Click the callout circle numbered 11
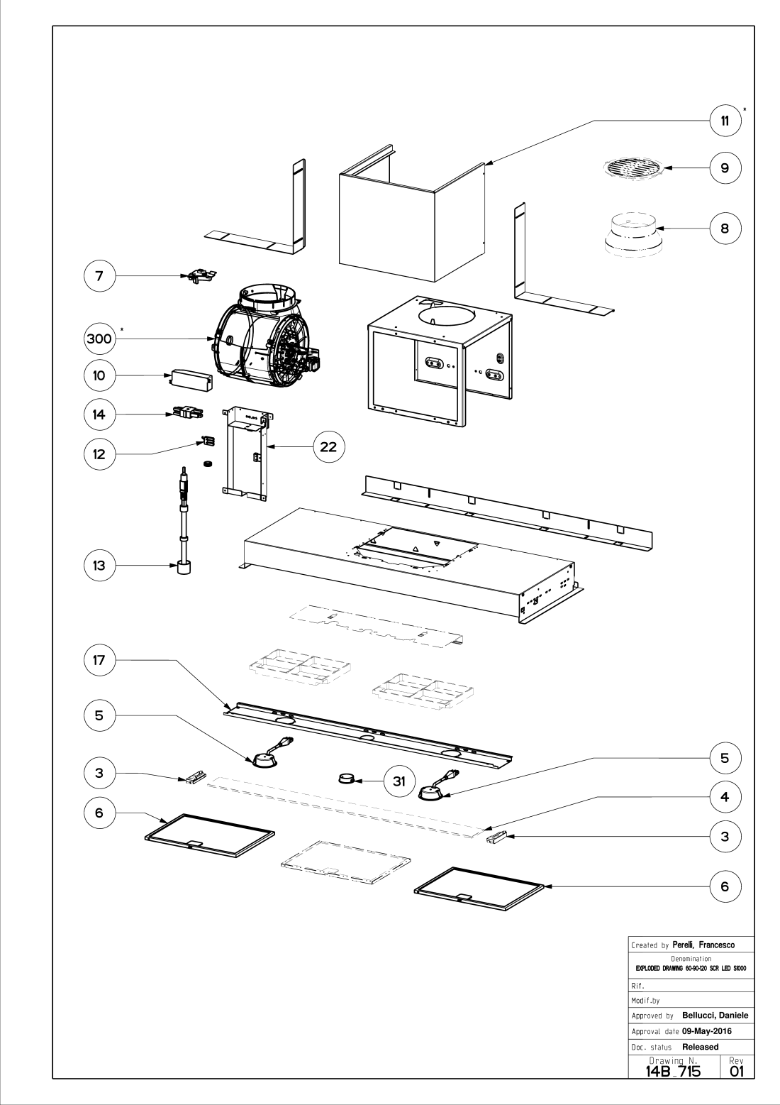click(725, 121)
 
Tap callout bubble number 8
click(725, 229)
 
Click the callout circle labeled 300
click(99, 339)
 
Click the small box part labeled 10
click(191, 380)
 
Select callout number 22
click(328, 446)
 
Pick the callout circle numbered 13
click(99, 566)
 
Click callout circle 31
click(399, 781)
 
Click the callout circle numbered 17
click(99, 659)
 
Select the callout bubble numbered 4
click(725, 797)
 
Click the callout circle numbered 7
click(99, 276)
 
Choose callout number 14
click(99, 414)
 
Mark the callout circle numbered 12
click(99, 454)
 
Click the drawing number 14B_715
click(673, 1071)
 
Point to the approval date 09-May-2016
click(706, 1031)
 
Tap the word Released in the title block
click(700, 1047)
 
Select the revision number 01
click(737, 1071)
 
